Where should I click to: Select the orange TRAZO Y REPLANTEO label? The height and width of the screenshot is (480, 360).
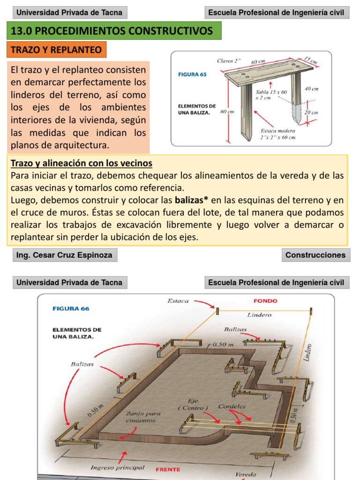point(56,50)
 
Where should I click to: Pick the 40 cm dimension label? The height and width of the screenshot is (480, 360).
point(311,88)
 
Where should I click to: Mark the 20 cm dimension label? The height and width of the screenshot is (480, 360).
point(311,112)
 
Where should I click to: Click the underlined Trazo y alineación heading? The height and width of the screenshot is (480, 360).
point(81,163)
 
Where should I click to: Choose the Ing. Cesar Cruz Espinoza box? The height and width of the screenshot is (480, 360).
point(64,255)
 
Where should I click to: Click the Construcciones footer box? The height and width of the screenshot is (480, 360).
point(315,255)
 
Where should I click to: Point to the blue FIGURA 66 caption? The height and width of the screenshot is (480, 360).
point(70,308)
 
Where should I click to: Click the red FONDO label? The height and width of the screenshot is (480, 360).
point(265,301)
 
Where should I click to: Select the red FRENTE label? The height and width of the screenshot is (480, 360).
point(167,469)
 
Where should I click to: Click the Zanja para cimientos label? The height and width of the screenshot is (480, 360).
point(143,417)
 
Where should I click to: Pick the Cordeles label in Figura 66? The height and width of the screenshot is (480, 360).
point(232,406)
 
